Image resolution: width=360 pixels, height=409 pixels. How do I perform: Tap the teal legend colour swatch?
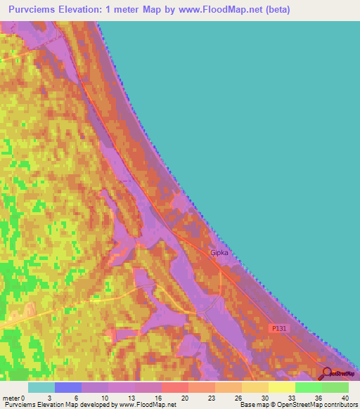click(x=41, y=387)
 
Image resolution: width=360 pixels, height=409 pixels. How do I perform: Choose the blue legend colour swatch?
click(x=68, y=387)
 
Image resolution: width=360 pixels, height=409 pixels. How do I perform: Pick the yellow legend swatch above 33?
click(x=281, y=387)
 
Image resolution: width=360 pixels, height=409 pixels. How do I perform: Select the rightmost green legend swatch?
click(x=335, y=387)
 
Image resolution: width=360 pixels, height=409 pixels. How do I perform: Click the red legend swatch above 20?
click(x=175, y=387)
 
